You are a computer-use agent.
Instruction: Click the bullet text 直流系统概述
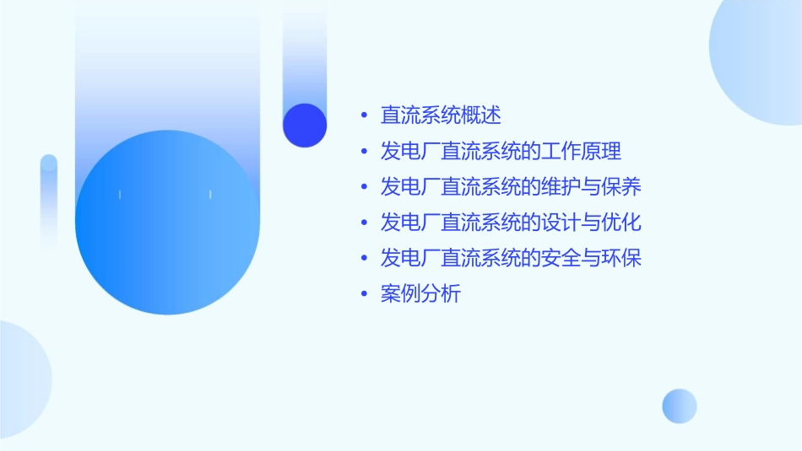[441, 115]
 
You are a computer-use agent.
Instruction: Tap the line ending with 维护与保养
[511, 187]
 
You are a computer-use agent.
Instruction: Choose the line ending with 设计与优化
[511, 223]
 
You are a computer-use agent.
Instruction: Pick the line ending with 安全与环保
[511, 258]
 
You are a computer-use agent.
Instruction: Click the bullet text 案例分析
[420, 294]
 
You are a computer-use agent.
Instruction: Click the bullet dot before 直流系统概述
[363, 115]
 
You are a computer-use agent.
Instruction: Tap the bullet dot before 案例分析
[363, 294]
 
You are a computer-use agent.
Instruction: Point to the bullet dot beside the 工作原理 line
[363, 152]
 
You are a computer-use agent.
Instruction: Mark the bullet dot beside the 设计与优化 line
[363, 223]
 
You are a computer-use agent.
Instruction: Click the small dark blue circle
[305, 125]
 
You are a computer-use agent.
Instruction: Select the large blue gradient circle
[167, 223]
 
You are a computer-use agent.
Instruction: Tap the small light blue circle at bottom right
[680, 405]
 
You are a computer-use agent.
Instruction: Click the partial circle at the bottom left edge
[21, 379]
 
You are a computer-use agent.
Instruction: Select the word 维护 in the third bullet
[561, 187]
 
